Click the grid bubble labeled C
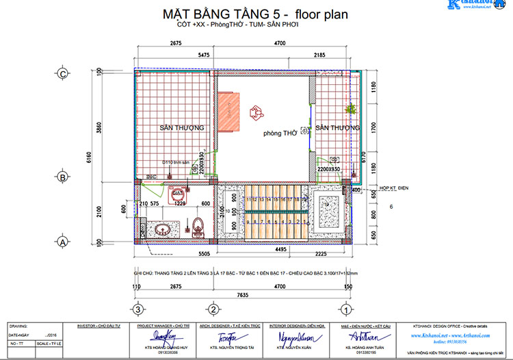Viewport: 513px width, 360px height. click(x=63, y=74)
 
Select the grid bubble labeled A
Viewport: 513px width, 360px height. click(x=63, y=242)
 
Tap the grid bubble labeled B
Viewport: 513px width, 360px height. click(x=63, y=177)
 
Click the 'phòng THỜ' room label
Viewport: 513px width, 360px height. click(x=280, y=135)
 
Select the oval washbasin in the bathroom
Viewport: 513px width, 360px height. click(x=163, y=229)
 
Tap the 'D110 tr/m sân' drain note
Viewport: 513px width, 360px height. click(x=176, y=162)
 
